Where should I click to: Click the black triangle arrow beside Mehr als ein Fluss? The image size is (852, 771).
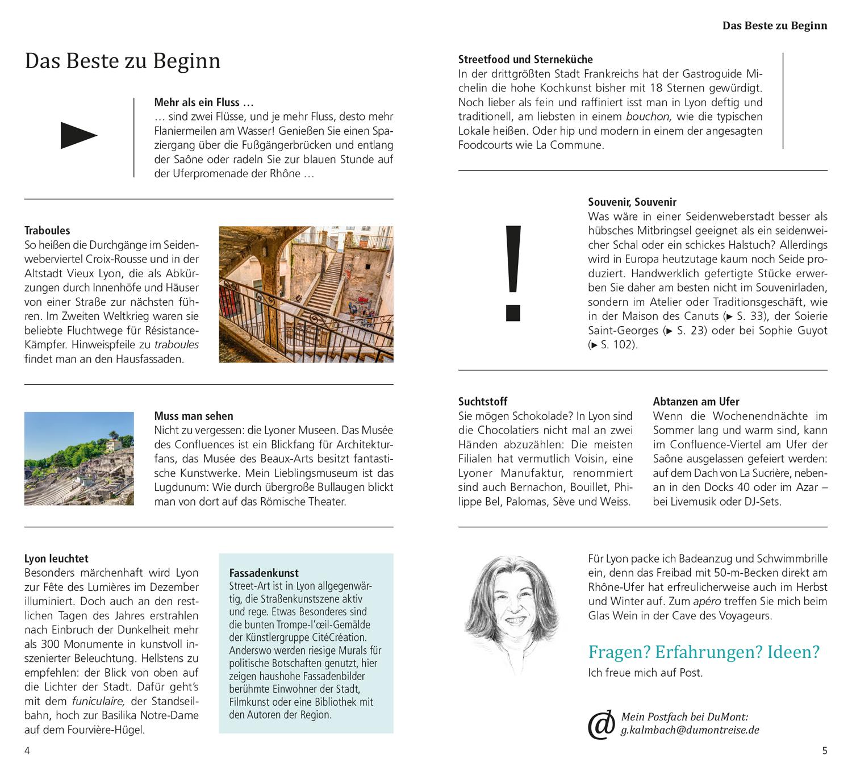point(78,136)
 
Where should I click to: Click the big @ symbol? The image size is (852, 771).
point(601,725)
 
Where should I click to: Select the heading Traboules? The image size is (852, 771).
point(47,231)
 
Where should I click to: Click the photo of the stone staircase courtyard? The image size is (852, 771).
point(306,294)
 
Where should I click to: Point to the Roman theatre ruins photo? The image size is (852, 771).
point(79,459)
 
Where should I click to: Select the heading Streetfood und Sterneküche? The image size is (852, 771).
point(525,60)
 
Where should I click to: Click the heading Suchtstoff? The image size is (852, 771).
point(483,402)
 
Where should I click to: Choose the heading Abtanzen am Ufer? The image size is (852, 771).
point(696,402)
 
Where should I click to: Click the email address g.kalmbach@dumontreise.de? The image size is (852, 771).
point(690,731)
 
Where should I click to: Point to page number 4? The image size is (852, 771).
point(27,751)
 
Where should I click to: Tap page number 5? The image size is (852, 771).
point(825,751)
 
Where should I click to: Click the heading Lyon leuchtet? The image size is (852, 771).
point(56,559)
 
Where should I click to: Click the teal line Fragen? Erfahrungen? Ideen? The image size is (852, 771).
point(704,652)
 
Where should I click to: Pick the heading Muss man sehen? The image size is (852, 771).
point(193,416)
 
